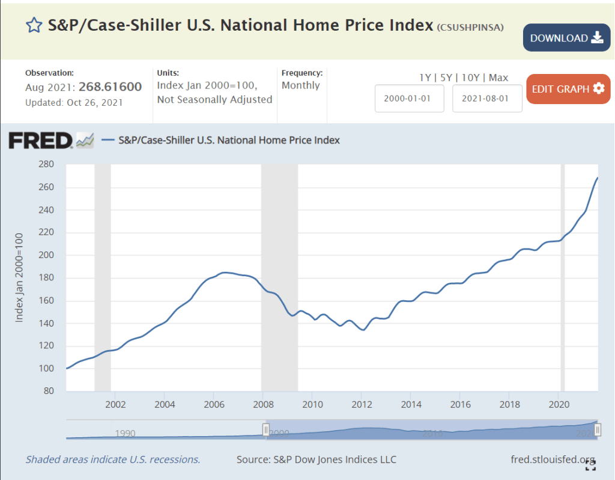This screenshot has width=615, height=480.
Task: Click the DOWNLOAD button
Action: [566, 38]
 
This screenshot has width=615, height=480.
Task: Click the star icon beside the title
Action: [34, 25]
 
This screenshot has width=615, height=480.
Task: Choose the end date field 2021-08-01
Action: [487, 99]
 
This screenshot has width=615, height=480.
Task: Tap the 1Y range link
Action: [425, 78]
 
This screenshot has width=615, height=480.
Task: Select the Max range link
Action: [498, 78]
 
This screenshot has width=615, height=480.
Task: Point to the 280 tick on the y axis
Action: [46, 164]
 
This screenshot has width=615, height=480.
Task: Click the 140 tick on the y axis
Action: [46, 323]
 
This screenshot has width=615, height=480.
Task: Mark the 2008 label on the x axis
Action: [262, 404]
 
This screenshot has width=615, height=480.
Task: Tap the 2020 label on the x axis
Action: [559, 404]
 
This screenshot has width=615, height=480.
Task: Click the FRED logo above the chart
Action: [40, 140]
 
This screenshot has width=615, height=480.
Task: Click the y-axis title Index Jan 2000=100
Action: [19, 277]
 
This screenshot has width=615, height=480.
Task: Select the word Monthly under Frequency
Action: [301, 85]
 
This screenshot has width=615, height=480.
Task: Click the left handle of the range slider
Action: [265, 429]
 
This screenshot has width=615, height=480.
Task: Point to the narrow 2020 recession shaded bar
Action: [563, 277]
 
